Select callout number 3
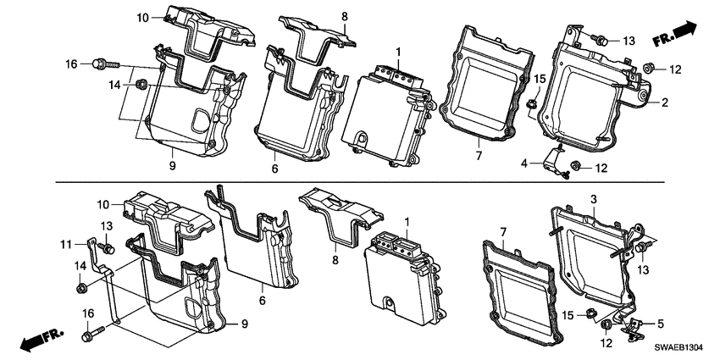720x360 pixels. (593, 198)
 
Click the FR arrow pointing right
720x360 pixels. (674, 36)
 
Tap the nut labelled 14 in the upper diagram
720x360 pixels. (143, 84)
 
